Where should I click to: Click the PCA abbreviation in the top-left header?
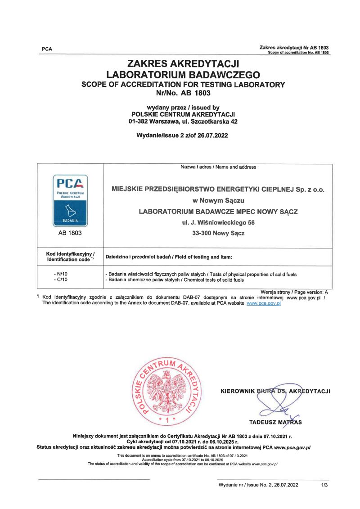point(47,49)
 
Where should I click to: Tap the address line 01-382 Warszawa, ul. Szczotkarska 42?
point(183,121)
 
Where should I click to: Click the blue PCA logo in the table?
point(70,200)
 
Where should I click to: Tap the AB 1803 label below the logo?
point(70,234)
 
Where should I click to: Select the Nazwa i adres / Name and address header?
point(218,167)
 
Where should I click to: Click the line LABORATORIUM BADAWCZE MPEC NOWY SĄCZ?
point(218,212)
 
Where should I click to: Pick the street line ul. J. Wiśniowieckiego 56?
point(218,223)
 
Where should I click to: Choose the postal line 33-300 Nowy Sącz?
point(218,234)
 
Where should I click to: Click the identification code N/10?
point(60,274)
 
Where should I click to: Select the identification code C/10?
point(60,280)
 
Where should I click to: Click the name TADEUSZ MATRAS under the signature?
point(275,422)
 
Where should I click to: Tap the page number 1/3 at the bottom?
point(325,485)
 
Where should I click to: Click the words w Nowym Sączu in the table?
point(218,200)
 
